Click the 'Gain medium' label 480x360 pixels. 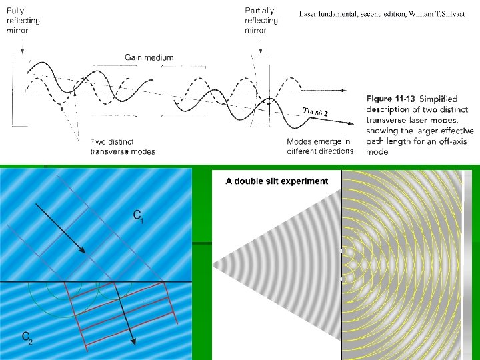pyautogui.click(x=149, y=57)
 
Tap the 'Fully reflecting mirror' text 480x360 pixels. pyautogui.click(x=23, y=21)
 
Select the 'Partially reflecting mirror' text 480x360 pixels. pyautogui.click(x=261, y=20)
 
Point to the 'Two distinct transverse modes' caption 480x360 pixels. pyautogui.click(x=123, y=147)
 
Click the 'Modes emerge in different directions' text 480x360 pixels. pyautogui.click(x=320, y=147)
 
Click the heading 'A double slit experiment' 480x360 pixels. pyautogui.click(x=277, y=181)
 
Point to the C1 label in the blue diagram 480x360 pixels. pyautogui.click(x=138, y=216)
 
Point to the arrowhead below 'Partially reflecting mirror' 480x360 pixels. pyautogui.click(x=261, y=49)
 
